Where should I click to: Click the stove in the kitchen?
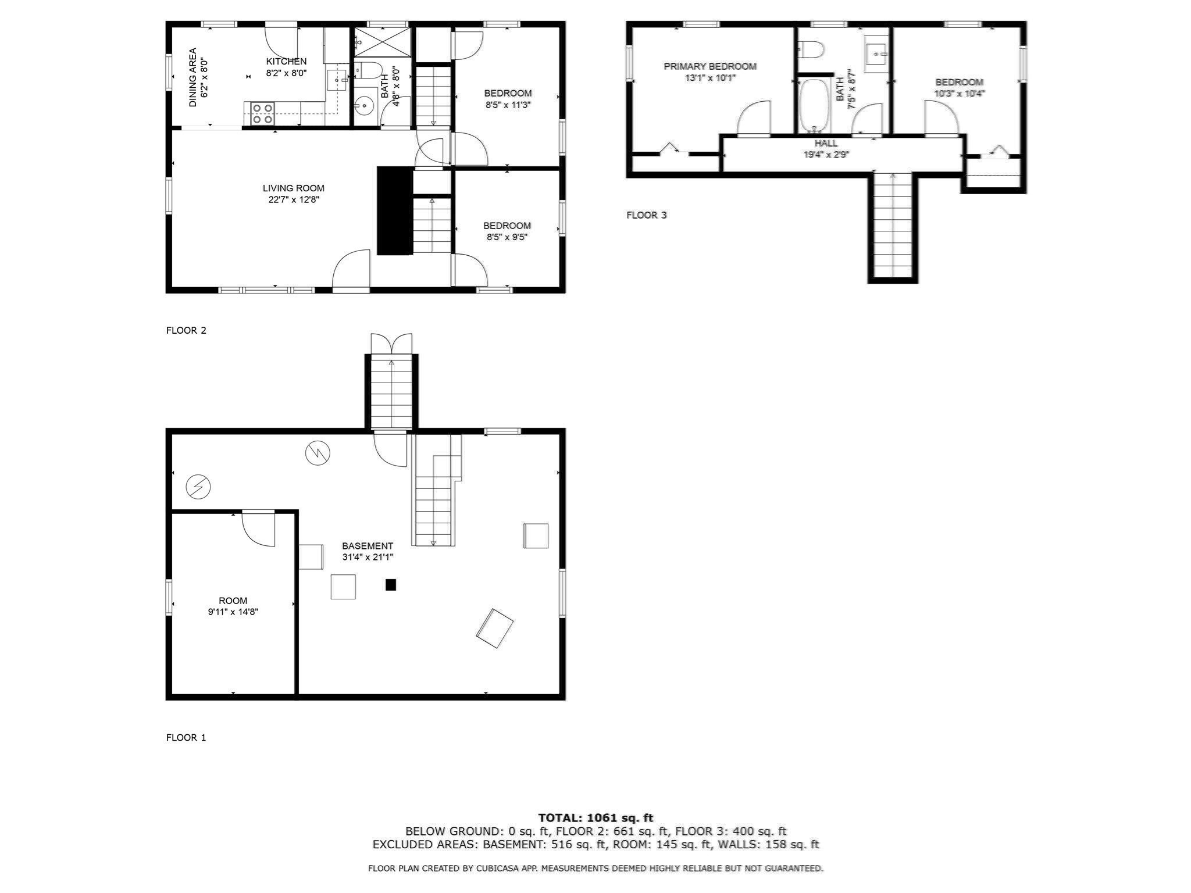coord(262,113)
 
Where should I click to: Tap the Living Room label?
coord(293,188)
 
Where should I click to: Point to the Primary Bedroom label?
coord(710,66)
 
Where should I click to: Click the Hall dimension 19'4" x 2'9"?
coord(826,155)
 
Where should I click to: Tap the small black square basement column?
coord(391,585)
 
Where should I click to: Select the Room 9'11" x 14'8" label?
coord(233,606)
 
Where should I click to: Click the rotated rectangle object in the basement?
coord(495,628)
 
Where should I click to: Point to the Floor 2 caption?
coord(186,330)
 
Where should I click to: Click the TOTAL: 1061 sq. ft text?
coord(595,818)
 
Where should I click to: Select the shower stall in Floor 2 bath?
coord(382,42)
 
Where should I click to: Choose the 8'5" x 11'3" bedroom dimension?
coord(508,105)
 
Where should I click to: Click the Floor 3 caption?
coord(646,215)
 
